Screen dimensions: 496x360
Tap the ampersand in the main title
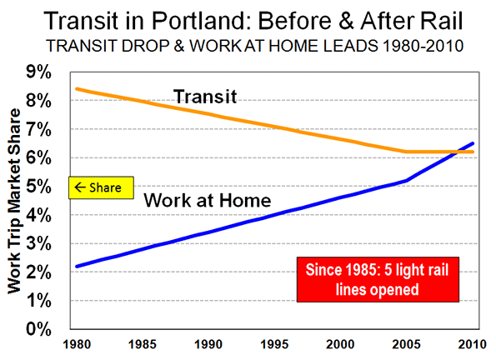click(347, 21)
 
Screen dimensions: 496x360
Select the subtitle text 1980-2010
click(423, 46)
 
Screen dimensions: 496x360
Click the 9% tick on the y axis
click(38, 72)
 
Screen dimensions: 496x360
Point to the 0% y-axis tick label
click(38, 329)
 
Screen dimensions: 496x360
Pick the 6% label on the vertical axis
click(38, 157)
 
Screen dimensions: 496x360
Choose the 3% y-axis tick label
click(38, 243)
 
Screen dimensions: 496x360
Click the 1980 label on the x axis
click(77, 344)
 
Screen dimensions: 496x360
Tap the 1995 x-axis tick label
click(274, 344)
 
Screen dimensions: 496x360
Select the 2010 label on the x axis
click(473, 344)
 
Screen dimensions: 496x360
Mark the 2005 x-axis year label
click(407, 344)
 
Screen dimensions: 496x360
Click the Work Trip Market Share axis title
click(14, 201)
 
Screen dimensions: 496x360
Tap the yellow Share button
click(101, 187)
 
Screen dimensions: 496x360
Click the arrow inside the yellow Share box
click(80, 187)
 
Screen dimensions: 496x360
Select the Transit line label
click(205, 97)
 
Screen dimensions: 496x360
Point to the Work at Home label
click(208, 200)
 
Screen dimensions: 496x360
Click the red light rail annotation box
click(378, 279)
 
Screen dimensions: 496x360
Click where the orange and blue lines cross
click(455, 152)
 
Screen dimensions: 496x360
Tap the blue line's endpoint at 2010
click(473, 143)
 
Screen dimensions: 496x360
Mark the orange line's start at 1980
click(77, 89)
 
